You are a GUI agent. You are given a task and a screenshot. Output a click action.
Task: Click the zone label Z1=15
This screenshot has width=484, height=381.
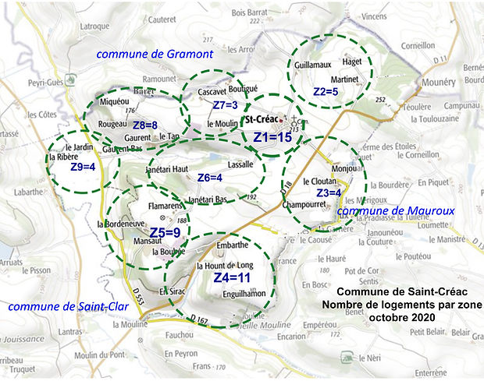pyautogui.click(x=272, y=137)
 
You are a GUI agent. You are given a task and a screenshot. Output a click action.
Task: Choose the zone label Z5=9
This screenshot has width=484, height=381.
pyautogui.click(x=165, y=232)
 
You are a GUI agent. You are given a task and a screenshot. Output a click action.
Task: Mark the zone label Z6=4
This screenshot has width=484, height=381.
pyautogui.click(x=209, y=178)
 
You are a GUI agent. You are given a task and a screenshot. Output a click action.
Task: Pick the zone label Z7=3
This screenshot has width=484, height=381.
pyautogui.click(x=225, y=105)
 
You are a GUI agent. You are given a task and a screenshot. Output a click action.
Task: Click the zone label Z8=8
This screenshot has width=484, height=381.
pyautogui.click(x=145, y=125)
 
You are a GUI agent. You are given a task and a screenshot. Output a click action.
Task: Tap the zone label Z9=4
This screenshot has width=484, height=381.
pyautogui.click(x=82, y=167)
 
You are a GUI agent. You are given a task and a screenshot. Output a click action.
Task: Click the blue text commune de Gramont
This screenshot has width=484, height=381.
pyautogui.click(x=155, y=54)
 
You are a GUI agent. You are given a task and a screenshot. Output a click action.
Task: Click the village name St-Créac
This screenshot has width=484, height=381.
pyautogui.click(x=262, y=120)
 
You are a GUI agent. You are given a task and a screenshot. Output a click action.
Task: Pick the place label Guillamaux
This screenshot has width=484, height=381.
pyautogui.click(x=314, y=68)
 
